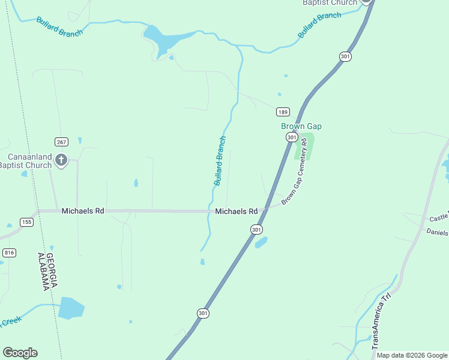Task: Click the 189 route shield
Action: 283,112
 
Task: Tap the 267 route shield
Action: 61,142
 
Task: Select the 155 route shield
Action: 26,222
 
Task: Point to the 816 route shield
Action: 9,253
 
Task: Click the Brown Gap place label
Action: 301,126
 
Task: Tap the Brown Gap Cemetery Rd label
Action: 298,171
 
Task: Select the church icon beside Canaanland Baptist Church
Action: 61,160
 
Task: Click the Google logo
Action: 20,353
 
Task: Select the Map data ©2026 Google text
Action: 412,356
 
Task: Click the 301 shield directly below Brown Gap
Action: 291,137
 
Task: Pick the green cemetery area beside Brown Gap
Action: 306,145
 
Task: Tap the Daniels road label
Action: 437,232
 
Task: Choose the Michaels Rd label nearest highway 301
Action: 237,212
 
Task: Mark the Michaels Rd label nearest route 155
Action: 83,211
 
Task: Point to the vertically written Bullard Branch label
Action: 220,160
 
